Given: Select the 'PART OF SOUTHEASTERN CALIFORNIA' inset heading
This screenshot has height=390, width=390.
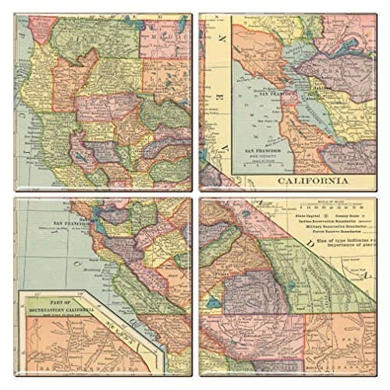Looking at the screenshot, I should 58,308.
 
